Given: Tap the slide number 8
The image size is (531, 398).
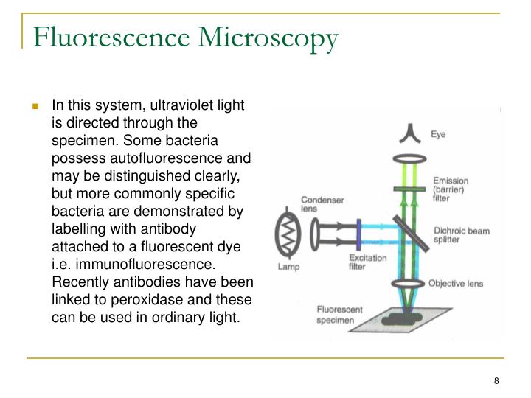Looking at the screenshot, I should (x=497, y=380).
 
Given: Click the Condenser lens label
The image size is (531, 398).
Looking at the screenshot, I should (x=319, y=203).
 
